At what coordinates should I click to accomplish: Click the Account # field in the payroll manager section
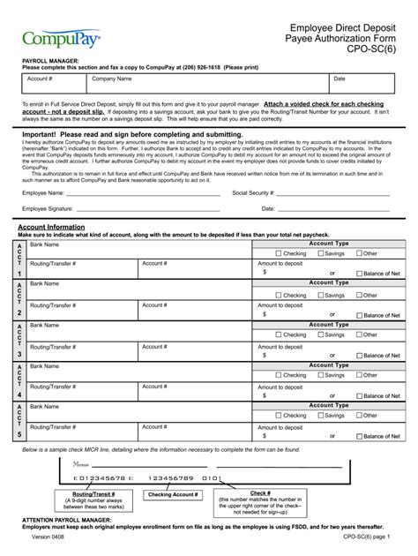coord(53,84)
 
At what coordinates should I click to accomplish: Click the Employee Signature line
coord(150,210)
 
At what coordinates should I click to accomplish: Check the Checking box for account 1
coord(279,253)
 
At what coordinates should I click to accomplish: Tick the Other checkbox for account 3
coord(359,335)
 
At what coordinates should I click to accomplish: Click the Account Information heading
coord(51,227)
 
